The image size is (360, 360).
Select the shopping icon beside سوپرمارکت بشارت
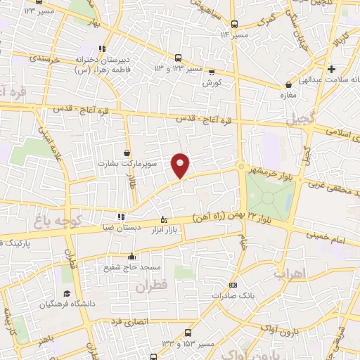point(127,152)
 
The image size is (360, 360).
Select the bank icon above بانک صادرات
point(233,285)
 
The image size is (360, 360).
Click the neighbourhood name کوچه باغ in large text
point(58,223)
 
